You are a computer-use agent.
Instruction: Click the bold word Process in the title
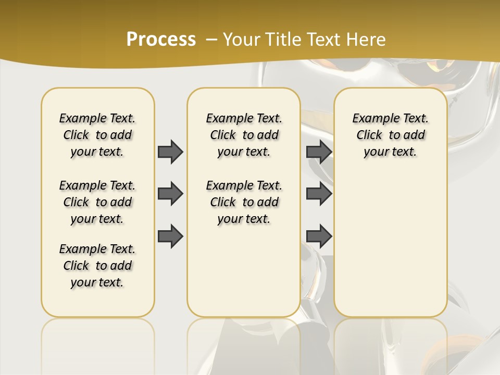tap(161, 40)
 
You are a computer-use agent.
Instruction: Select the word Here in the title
tap(367, 40)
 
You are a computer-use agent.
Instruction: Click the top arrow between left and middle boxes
tap(170, 152)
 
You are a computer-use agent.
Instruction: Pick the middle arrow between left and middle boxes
tap(170, 194)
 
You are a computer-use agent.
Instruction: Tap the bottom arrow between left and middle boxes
tap(170, 235)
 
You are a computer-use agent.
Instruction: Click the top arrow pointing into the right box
tap(319, 152)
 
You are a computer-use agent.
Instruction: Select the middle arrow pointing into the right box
tap(319, 194)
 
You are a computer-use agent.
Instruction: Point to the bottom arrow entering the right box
tap(319, 235)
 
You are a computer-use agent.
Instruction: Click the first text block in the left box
tap(97, 135)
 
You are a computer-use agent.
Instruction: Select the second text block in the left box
tap(97, 202)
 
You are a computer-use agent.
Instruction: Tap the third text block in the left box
tap(97, 266)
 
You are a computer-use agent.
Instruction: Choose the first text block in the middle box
tap(244, 135)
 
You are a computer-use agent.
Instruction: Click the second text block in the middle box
tap(244, 202)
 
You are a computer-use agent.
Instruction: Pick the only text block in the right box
tap(390, 135)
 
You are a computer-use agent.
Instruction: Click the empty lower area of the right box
tap(390, 245)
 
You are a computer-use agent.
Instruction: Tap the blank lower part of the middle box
tap(244, 271)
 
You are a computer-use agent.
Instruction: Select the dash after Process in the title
tap(211, 40)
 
